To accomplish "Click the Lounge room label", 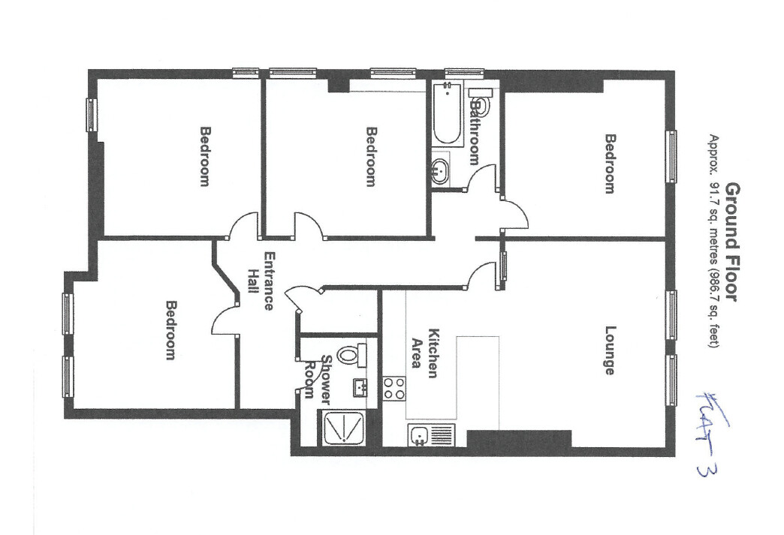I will tap(610, 350).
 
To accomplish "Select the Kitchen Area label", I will tap(427, 353).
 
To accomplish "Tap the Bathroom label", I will tap(474, 132).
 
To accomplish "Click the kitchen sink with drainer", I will tap(433, 434).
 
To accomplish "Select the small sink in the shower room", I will tap(360, 387).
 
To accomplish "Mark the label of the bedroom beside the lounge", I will tap(610, 164).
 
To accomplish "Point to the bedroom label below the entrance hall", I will tap(171, 330).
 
